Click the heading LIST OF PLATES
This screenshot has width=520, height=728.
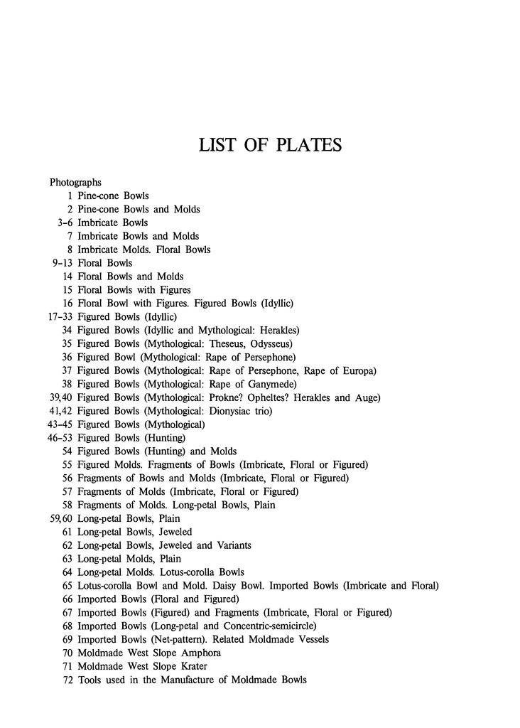pos(270,145)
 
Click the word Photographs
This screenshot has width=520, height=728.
pos(75,183)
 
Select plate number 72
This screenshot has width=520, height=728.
pos(67,680)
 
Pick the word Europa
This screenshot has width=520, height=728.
pos(358,370)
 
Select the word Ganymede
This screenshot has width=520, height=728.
pos(265,384)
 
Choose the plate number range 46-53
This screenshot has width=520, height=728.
pos(58,438)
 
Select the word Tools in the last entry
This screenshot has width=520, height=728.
pos(90,680)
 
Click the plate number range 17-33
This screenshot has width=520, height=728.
pos(58,316)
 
